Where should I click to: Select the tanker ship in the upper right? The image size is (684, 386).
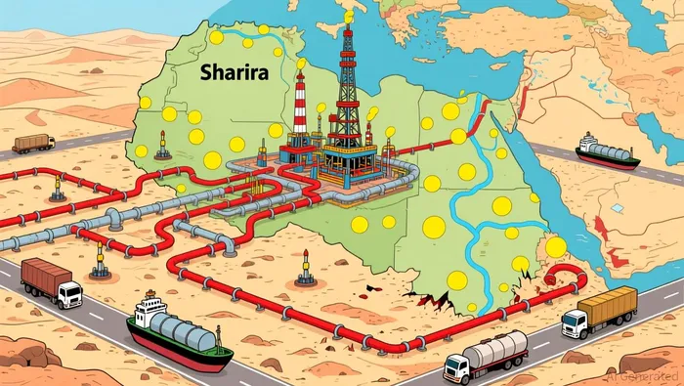(607, 150)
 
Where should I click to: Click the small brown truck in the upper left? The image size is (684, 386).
(34, 144)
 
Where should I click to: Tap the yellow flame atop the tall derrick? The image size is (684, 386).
(348, 16)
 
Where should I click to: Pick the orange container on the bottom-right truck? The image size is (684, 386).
(609, 305)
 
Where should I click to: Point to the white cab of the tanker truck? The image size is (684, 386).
(456, 365)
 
